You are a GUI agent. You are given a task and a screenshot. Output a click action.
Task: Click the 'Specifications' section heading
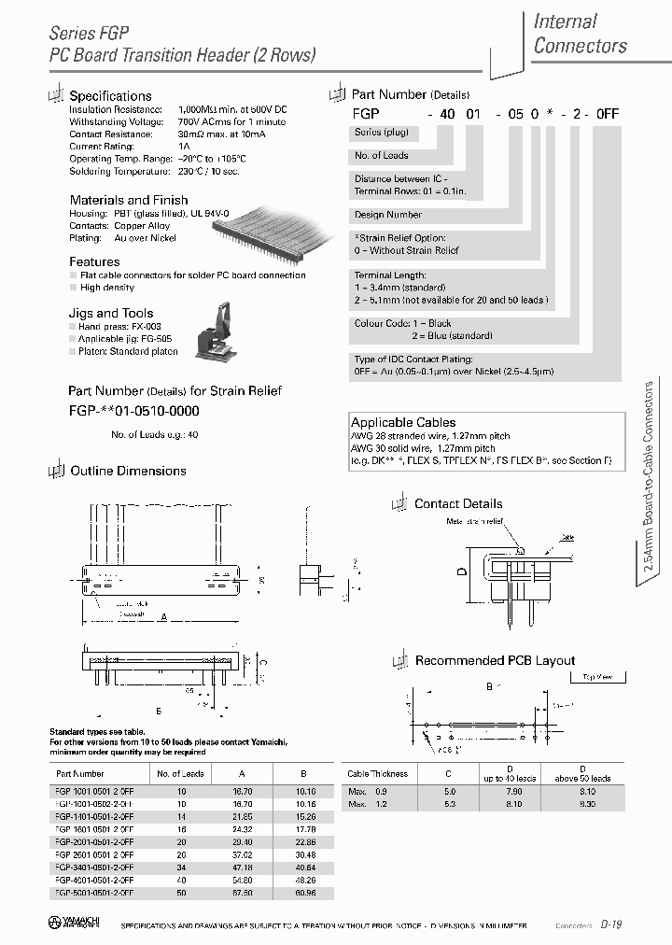point(110,96)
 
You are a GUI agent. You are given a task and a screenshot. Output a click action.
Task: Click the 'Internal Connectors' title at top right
point(580,34)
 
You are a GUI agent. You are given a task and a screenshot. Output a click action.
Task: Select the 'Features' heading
point(94,262)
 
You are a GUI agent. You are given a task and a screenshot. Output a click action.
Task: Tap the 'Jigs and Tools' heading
point(111,314)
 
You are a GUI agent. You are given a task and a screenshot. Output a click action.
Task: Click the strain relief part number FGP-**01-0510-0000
point(133,411)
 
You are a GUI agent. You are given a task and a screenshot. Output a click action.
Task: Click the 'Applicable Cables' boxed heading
point(403,422)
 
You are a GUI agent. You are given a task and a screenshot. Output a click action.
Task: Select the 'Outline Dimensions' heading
point(128,471)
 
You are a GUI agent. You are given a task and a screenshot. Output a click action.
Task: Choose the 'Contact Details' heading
point(457,503)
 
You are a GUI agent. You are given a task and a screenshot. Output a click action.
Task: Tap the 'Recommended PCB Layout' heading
point(495,660)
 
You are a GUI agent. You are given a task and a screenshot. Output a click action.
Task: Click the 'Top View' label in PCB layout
point(596,677)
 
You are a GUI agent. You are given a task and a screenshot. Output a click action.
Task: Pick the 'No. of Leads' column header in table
point(180,774)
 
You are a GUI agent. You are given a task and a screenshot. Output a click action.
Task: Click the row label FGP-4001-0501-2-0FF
point(94,880)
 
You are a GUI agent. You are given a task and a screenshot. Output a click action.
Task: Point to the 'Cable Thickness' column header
point(377,774)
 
